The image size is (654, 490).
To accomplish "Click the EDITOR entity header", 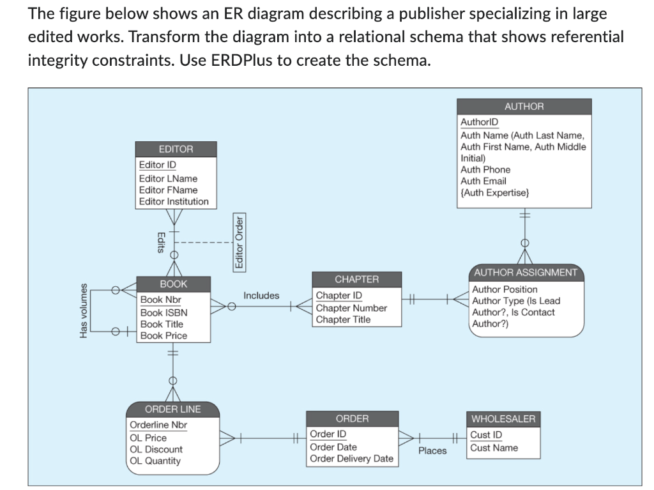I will [176, 149].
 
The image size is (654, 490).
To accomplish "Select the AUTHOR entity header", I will [524, 107].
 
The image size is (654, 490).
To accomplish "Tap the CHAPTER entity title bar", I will [356, 279].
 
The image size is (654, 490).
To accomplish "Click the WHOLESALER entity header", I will [503, 419].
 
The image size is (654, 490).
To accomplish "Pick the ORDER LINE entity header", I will [172, 409].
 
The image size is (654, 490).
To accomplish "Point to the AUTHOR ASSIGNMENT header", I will [526, 273].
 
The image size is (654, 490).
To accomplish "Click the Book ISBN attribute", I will [163, 312].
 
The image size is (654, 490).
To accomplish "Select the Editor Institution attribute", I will [174, 201].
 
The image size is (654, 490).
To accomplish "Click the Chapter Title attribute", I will [343, 319].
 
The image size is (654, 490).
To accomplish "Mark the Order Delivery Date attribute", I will [351, 459].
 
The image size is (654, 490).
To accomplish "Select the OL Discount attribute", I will [156, 449].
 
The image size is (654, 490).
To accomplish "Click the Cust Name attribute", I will [494, 448].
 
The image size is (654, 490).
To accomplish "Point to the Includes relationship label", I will [261, 295].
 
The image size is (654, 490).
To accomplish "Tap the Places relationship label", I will [432, 450].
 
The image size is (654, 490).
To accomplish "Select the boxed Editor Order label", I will [240, 243].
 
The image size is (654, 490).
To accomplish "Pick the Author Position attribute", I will [505, 289].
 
